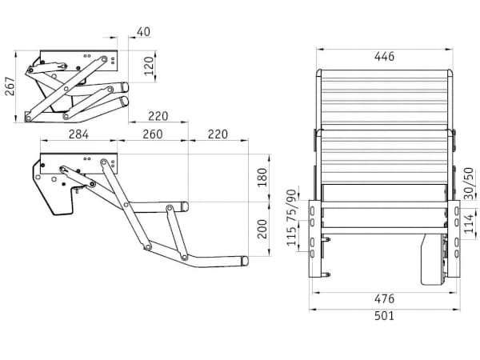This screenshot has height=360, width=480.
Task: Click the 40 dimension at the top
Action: pyautogui.click(x=142, y=32)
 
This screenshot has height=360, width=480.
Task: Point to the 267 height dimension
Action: pyautogui.click(x=10, y=86)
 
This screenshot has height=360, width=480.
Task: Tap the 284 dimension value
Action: pyautogui.click(x=78, y=134)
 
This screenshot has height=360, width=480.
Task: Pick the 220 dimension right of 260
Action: pyautogui.click(x=217, y=134)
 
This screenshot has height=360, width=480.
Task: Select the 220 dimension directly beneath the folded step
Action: pyautogui.click(x=162, y=115)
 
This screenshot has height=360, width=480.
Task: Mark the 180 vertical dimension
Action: pyautogui.click(x=263, y=177)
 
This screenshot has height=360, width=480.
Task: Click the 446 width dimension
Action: pyautogui.click(x=384, y=56)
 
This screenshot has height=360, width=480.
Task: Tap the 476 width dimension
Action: pyautogui.click(x=384, y=298)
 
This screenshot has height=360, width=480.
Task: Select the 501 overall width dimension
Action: pyautogui.click(x=384, y=316)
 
